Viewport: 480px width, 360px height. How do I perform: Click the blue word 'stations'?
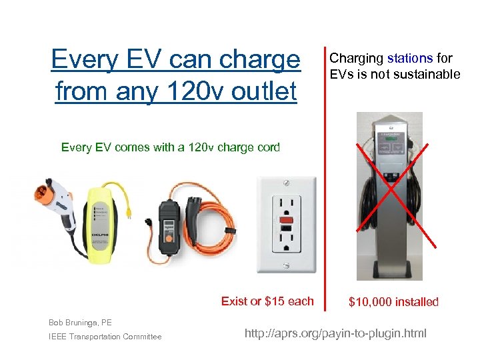(410, 59)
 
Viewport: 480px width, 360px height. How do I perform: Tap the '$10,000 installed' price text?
(393, 302)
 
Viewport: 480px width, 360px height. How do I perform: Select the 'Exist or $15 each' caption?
(267, 301)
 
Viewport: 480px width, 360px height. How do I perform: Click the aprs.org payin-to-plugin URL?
(335, 333)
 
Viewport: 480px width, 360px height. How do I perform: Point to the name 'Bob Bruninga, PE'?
(79, 323)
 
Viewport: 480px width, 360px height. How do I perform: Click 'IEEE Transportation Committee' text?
(105, 337)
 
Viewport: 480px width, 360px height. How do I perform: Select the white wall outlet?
(287, 223)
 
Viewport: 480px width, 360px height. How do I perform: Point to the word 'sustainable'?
(427, 74)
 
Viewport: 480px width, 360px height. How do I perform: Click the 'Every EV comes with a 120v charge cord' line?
(171, 147)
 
